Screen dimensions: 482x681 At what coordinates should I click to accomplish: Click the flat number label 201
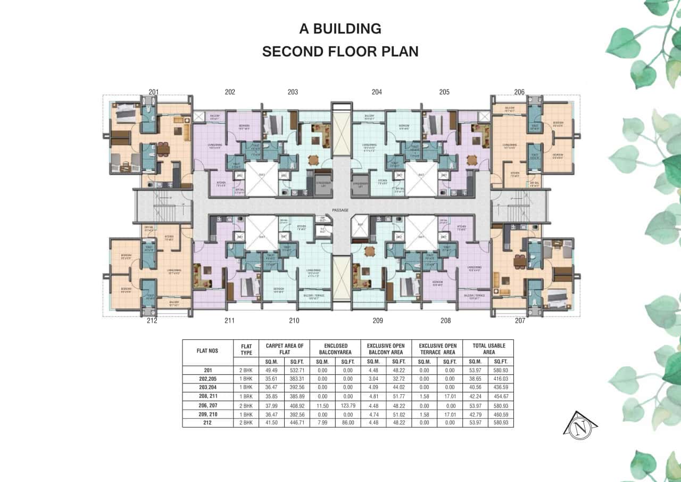pyautogui.click(x=153, y=92)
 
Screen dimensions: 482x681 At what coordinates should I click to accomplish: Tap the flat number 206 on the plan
pyautogui.click(x=519, y=92)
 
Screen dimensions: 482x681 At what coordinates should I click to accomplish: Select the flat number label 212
pyautogui.click(x=152, y=321)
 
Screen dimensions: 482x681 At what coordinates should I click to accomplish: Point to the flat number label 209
pyautogui.click(x=377, y=321)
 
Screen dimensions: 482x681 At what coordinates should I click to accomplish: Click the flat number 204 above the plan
pyautogui.click(x=377, y=92)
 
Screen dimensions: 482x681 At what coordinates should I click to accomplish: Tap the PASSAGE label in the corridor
pyautogui.click(x=340, y=210)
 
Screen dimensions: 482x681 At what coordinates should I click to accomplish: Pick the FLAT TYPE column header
pyautogui.click(x=246, y=349)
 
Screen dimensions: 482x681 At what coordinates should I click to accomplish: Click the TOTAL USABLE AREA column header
pyautogui.click(x=488, y=349)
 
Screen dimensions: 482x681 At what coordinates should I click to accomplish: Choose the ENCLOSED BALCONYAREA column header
pyautogui.click(x=335, y=349)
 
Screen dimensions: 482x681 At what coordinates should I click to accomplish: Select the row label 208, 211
pyautogui.click(x=207, y=396)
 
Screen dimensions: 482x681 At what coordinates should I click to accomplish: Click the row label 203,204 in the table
pyautogui.click(x=207, y=387)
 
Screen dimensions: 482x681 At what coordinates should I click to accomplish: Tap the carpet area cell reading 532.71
pyautogui.click(x=296, y=370)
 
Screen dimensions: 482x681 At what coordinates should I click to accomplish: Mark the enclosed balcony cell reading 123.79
pyautogui.click(x=347, y=405)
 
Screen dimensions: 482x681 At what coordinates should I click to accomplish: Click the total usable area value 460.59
pyautogui.click(x=501, y=414)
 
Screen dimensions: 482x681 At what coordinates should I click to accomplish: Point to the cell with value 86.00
pyautogui.click(x=347, y=422)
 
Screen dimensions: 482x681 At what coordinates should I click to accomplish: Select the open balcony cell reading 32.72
pyautogui.click(x=398, y=379)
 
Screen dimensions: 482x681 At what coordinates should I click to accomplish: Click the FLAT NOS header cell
pyautogui.click(x=207, y=352)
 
